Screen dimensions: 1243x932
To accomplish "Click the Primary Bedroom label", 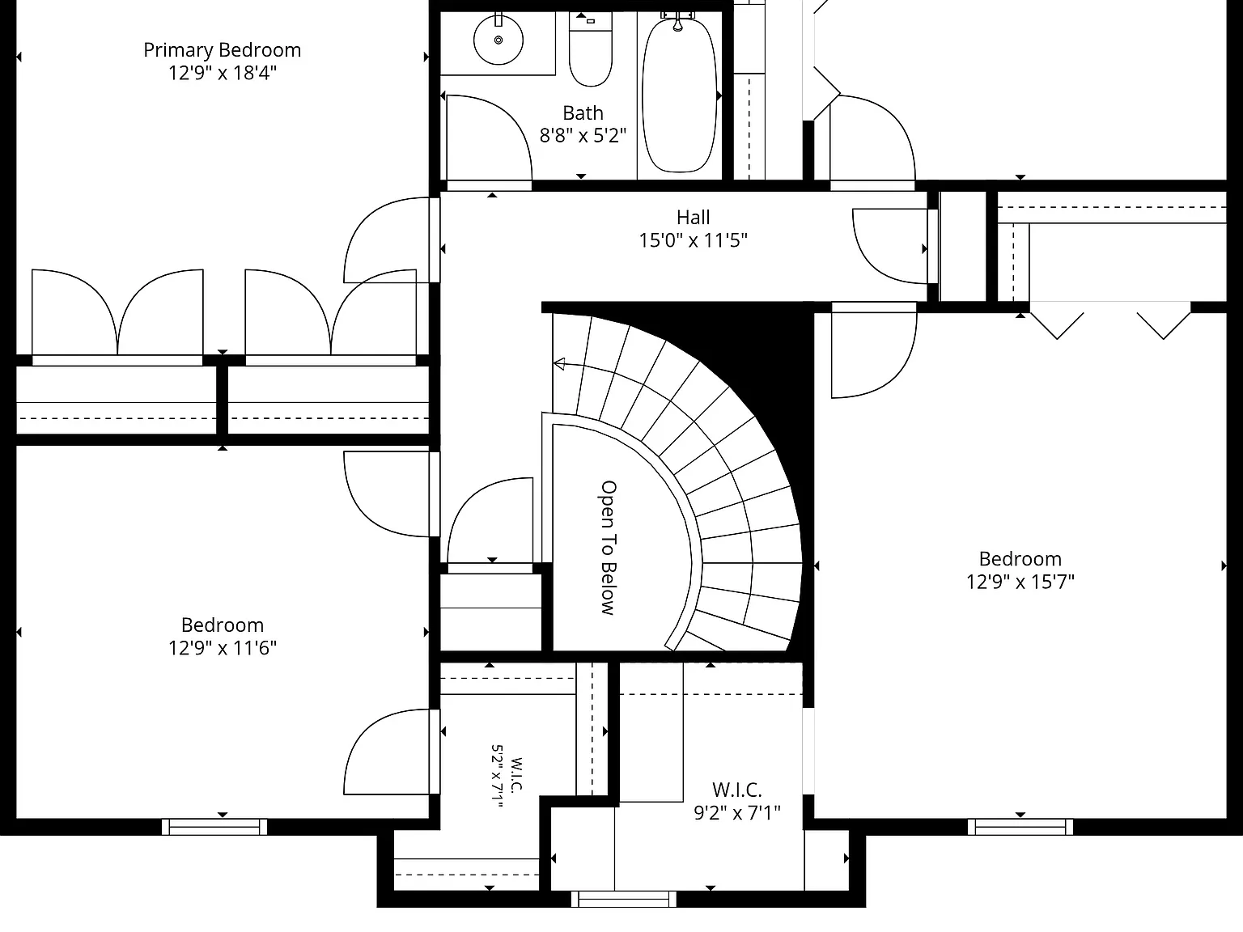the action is [x=222, y=50].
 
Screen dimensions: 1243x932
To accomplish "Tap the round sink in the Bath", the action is [x=498, y=40].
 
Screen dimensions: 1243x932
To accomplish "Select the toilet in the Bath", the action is [x=591, y=50].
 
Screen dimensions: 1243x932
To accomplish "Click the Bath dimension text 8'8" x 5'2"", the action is [x=583, y=135].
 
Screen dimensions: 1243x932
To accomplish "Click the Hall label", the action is [x=694, y=218].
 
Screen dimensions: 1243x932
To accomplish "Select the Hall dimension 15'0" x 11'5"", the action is [x=694, y=240].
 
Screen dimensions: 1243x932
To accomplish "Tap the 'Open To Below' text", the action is [x=609, y=547].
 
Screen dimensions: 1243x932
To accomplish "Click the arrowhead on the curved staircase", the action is [x=559, y=364].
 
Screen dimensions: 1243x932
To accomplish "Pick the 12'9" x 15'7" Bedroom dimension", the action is [x=1020, y=582].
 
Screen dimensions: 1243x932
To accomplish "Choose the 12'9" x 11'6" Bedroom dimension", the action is [x=222, y=648].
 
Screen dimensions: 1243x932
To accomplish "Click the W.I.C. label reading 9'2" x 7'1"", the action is [x=736, y=801].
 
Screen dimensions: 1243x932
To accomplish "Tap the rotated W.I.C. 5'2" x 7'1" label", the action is [x=507, y=775].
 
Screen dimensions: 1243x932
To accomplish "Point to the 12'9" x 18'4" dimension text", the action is [x=222, y=73].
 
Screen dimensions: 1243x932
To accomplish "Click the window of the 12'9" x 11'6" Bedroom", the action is [x=214, y=827].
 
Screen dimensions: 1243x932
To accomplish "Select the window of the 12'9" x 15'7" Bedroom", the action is [x=1020, y=827].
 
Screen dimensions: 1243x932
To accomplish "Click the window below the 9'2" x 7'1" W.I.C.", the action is [x=623, y=899].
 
